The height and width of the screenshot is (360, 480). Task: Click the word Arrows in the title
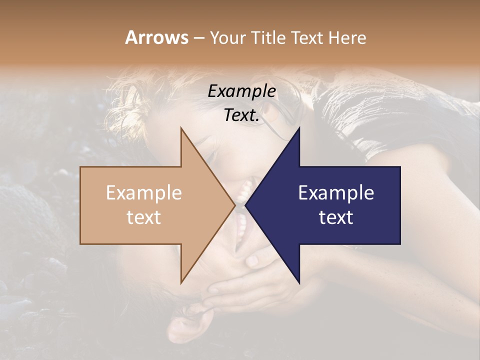pyautogui.click(x=156, y=37)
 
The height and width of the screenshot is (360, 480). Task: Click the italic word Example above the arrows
pyautogui.click(x=242, y=91)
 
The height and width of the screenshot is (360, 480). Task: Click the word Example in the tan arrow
pyautogui.click(x=144, y=193)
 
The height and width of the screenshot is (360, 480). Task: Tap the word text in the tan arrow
pyautogui.click(x=144, y=217)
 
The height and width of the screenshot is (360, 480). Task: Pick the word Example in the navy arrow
pyautogui.click(x=336, y=193)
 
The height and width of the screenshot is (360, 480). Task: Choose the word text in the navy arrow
pyautogui.click(x=336, y=217)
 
